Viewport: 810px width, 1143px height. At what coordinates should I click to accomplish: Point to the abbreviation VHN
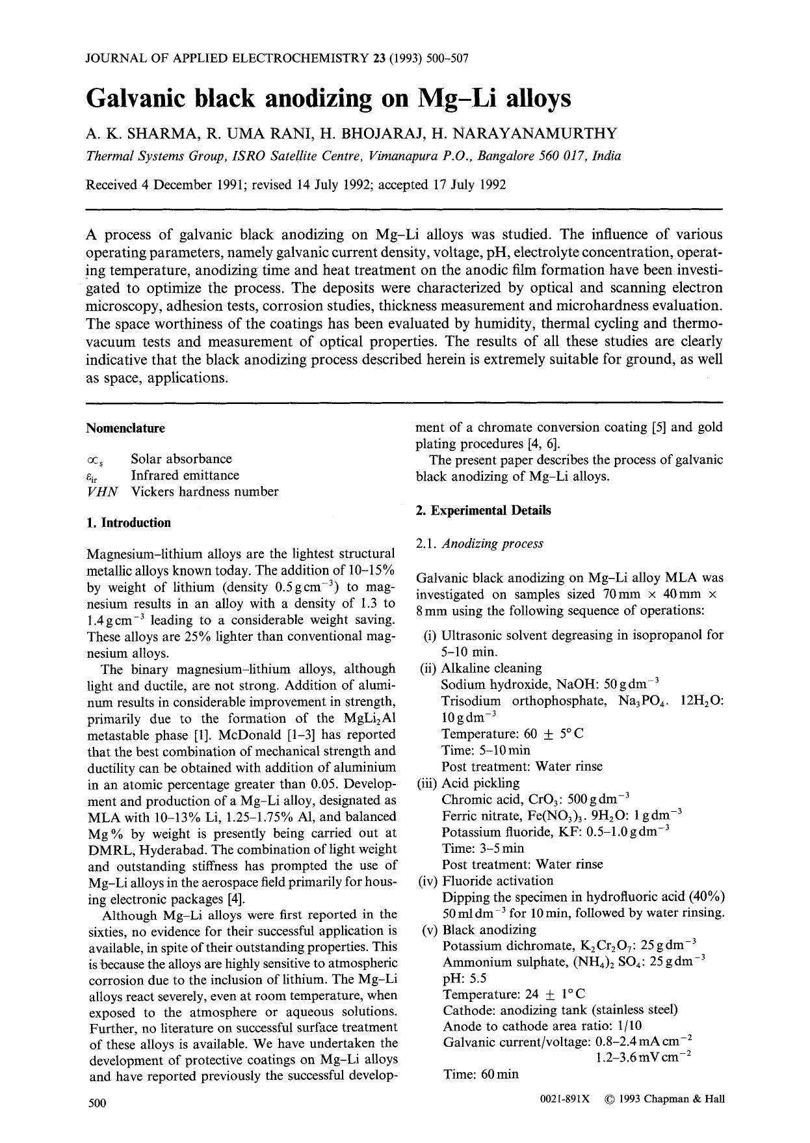[102, 492]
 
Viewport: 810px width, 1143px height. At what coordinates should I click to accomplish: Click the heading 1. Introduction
[129, 523]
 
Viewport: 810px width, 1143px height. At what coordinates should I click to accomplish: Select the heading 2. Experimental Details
[483, 511]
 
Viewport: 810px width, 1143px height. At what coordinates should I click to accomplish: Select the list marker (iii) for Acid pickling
[426, 783]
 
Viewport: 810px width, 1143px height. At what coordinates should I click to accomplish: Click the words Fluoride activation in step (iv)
[497, 881]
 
